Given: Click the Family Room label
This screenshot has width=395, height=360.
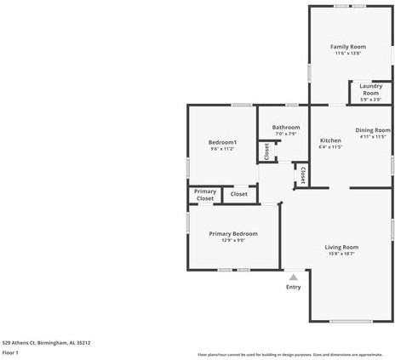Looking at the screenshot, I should click(x=349, y=46).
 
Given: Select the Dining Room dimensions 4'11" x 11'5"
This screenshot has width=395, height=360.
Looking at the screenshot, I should click(x=372, y=136).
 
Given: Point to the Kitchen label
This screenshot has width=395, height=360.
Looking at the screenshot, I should click(x=330, y=140).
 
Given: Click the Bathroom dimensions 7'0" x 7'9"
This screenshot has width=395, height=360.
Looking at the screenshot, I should click(x=286, y=134).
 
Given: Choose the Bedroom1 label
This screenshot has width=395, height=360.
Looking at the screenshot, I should click(x=222, y=141).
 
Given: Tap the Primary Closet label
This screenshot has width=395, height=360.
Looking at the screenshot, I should click(x=205, y=195).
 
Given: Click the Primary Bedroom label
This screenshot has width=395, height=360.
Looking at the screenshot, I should click(x=233, y=233).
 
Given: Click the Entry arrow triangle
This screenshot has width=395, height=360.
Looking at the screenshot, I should click(x=294, y=277).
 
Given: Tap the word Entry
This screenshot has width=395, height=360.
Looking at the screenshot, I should click(x=294, y=287).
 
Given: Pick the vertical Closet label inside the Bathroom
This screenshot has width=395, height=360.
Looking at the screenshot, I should click(x=266, y=151).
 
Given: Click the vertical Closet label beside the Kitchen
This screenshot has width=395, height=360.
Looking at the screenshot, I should click(x=301, y=174).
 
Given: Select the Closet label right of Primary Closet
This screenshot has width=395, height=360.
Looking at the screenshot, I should click(x=239, y=194).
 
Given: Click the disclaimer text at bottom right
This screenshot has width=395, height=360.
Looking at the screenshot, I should click(x=290, y=354).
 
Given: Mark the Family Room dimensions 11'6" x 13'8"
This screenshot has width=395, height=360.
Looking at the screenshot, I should click(x=349, y=54).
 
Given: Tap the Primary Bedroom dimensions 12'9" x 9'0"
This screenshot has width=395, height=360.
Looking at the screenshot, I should click(x=233, y=241).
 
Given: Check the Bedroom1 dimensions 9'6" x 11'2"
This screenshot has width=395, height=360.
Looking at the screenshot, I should click(x=222, y=149).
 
